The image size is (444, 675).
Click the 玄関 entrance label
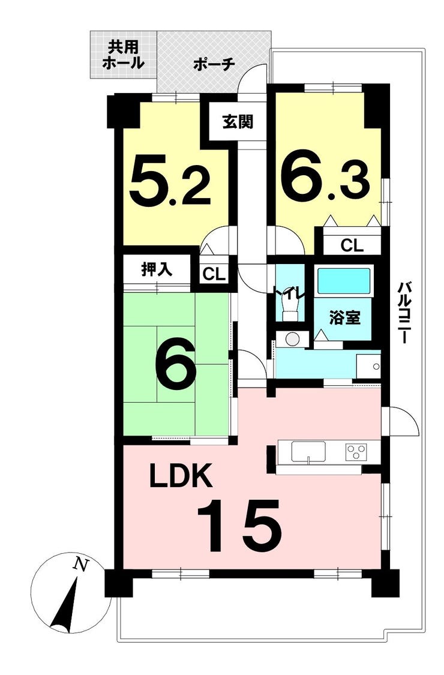pos(237,122)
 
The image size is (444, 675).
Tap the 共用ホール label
pos(123,55)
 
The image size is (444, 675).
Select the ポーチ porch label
pos(214,65)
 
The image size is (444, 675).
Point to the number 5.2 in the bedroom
pos(170,181)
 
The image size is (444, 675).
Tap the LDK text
pos(181,475)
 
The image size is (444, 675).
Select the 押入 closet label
pos(157,269)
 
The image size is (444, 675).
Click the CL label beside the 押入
pos(214,274)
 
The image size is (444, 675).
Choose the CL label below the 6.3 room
pos(352,245)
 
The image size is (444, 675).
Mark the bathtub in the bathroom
pos(344,281)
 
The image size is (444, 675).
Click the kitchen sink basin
pos(309,452)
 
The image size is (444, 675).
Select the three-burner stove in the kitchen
pos(356,452)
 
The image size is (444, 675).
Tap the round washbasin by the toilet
pos(292,340)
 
